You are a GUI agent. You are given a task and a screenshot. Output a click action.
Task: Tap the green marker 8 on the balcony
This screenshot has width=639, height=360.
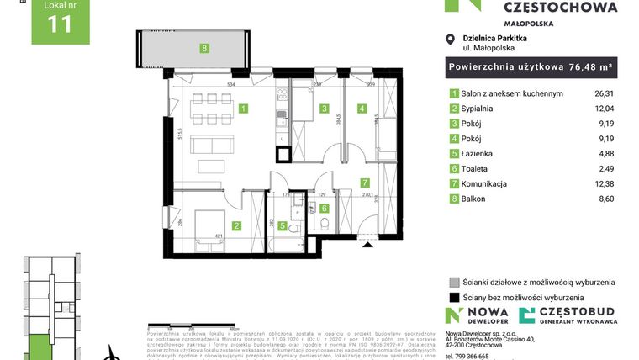(x=204, y=48)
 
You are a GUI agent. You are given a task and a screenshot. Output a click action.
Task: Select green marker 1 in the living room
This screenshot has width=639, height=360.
(x=242, y=109)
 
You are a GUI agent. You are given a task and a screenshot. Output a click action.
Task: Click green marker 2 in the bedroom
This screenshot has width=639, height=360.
(x=237, y=225)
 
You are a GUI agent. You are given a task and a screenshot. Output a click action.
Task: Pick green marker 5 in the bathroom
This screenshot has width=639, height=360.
(x=283, y=225)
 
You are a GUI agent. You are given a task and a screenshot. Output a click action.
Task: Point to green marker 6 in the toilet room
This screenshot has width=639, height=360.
(x=324, y=208)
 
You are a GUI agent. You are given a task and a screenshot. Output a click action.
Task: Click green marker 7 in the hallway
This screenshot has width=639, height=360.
(x=364, y=182)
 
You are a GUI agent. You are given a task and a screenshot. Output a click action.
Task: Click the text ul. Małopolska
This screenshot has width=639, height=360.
(x=491, y=49)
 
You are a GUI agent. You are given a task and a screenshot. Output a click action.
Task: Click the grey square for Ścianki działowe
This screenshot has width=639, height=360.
(x=454, y=283)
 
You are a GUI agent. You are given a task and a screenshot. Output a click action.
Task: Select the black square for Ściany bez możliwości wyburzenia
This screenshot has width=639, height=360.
(x=454, y=298)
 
